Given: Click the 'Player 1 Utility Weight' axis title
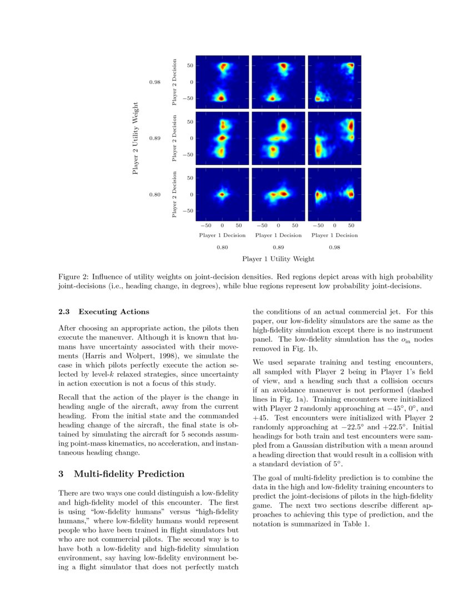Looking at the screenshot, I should coord(278,259).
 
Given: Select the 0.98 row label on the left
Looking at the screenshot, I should coord(155,82).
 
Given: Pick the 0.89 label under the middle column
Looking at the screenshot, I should coord(278,247).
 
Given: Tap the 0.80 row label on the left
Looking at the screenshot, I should coord(155,194).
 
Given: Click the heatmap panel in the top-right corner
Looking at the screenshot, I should coord(334,82).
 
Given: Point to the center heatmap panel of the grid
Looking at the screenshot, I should coord(278,138).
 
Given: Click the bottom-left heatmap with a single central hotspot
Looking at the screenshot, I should coord(222,194).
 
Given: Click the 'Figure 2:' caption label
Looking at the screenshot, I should coord(73,277).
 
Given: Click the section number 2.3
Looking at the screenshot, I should coord(66,312).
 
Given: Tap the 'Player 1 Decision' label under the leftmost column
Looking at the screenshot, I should coord(222,236).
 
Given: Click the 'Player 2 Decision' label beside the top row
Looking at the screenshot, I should coord(174,82).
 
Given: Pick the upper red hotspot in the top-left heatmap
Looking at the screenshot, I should coord(224,67).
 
